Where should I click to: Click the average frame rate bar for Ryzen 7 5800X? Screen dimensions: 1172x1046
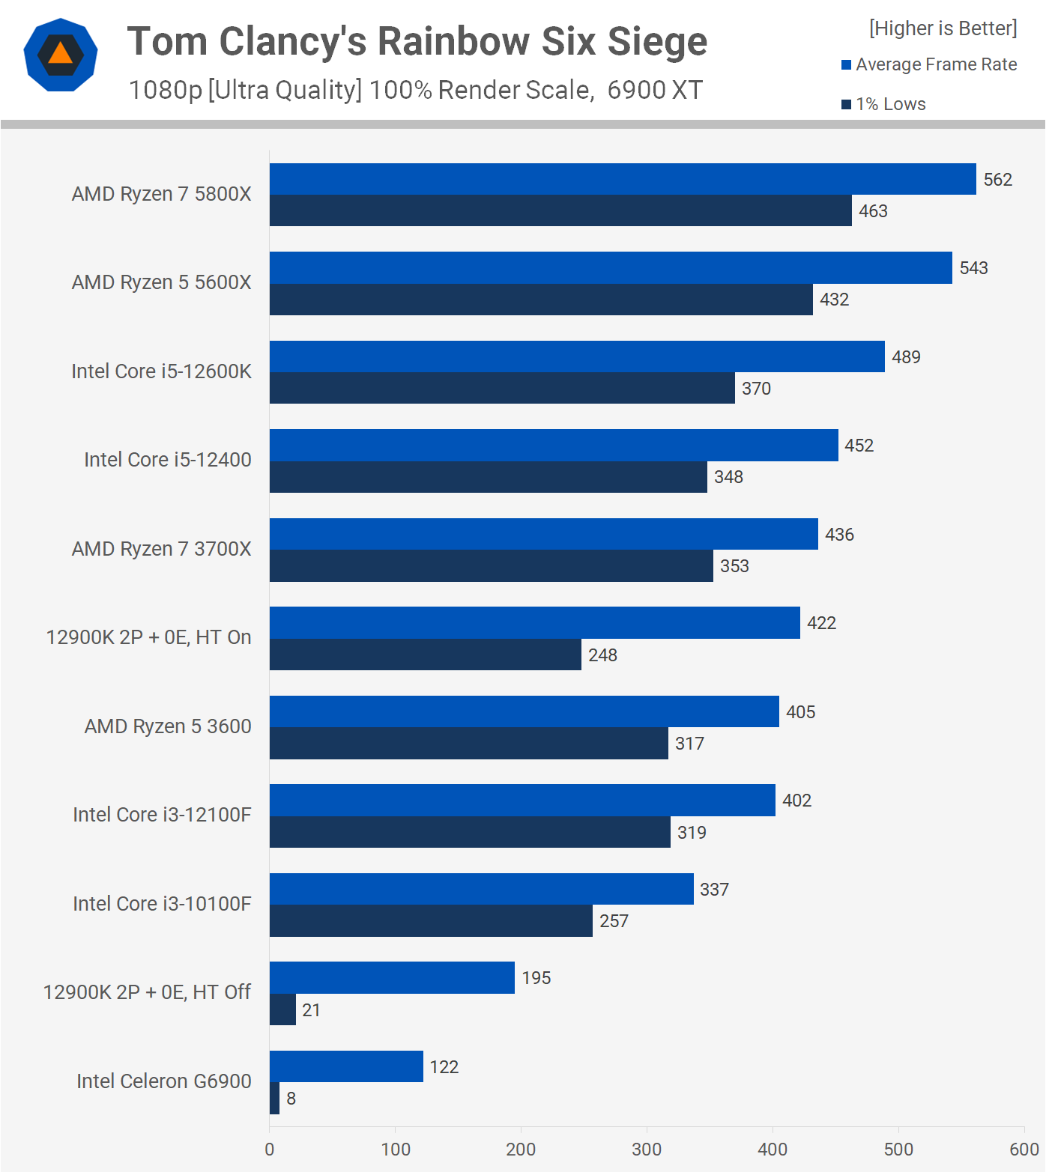[x=622, y=179]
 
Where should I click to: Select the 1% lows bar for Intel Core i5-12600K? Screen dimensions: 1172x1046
[x=502, y=388]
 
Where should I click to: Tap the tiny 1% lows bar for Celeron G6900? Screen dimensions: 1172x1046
[x=275, y=1099]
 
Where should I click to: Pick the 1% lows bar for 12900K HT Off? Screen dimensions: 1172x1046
[x=283, y=1009]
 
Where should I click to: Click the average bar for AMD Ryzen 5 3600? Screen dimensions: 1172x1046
[x=524, y=711]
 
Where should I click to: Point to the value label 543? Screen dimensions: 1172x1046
[x=973, y=268]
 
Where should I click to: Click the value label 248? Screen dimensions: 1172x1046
[x=602, y=655]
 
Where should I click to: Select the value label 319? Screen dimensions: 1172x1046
[x=692, y=833]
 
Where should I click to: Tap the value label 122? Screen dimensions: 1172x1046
[x=444, y=1067]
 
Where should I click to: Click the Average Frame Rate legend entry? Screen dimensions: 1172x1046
[x=929, y=64]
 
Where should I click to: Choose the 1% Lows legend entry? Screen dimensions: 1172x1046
[x=884, y=104]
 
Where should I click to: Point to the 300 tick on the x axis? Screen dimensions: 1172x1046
[x=647, y=1150]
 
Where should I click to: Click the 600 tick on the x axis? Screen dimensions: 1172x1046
[x=1024, y=1150]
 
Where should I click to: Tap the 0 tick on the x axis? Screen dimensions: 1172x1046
[x=270, y=1150]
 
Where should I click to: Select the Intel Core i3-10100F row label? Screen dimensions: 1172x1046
[x=162, y=904]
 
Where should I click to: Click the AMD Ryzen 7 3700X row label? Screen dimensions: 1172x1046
[x=161, y=549]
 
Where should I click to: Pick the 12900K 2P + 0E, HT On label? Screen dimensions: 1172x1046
[x=148, y=637]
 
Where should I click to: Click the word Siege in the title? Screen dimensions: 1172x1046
[x=656, y=41]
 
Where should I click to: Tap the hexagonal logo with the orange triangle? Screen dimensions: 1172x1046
[x=61, y=55]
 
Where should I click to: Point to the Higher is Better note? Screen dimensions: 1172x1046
[x=943, y=28]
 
